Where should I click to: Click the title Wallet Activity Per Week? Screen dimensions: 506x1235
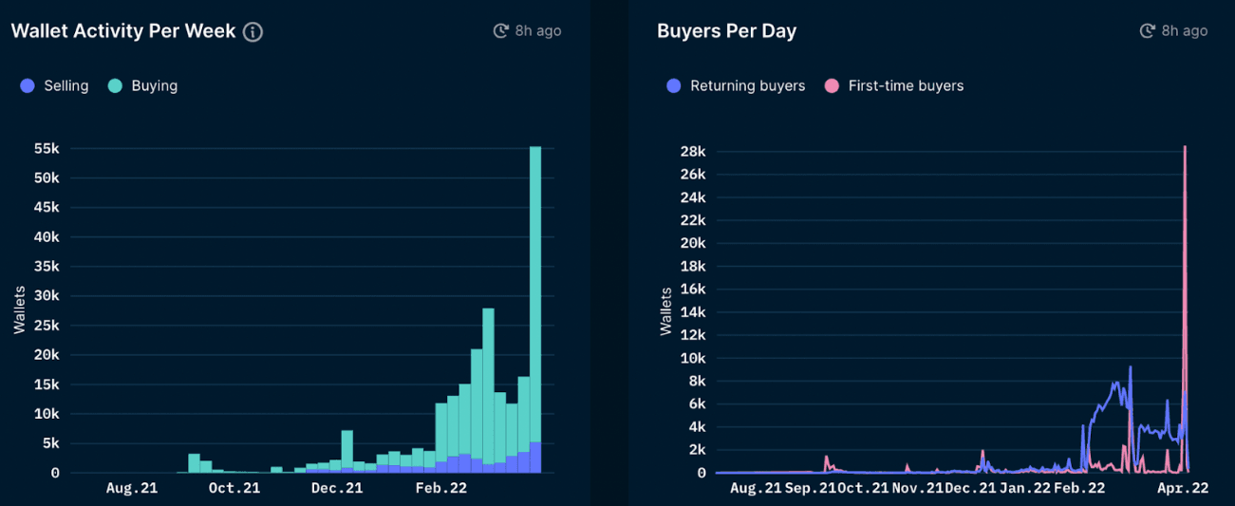pyautogui.click(x=123, y=31)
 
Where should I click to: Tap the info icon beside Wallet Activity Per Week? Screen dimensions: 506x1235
pyautogui.click(x=253, y=32)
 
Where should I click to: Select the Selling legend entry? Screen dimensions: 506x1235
pyautogui.click(x=55, y=85)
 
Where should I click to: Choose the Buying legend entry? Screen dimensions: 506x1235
pyautogui.click(x=143, y=85)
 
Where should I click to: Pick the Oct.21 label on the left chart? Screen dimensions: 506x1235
pyautogui.click(x=234, y=488)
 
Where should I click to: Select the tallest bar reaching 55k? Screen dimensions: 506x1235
pyautogui.click(x=535, y=285)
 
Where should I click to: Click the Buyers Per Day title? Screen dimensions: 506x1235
pyautogui.click(x=726, y=31)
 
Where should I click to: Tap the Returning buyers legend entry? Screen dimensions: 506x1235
pyautogui.click(x=737, y=85)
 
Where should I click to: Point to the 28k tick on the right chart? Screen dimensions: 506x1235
pyautogui.click(x=693, y=152)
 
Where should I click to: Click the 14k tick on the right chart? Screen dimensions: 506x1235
pyautogui.click(x=693, y=312)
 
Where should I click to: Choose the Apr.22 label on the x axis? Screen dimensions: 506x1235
pyautogui.click(x=1183, y=488)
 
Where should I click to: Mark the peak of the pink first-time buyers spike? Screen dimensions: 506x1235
pyautogui.click(x=1185, y=148)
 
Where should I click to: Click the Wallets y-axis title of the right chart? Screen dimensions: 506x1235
pyautogui.click(x=665, y=310)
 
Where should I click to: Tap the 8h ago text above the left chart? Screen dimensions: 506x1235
pyautogui.click(x=537, y=31)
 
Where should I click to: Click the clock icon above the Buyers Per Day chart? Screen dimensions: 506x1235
pyautogui.click(x=1147, y=31)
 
